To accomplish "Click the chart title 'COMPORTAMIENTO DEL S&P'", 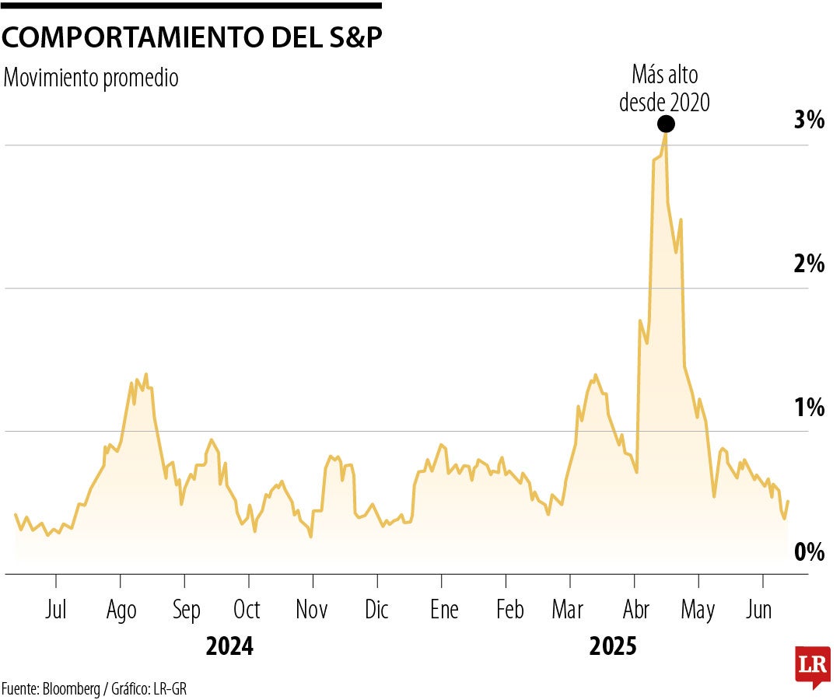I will [193, 38].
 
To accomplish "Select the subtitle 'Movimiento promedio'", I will [91, 79].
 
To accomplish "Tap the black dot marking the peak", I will [665, 124].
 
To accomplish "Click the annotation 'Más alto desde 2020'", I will [664, 89].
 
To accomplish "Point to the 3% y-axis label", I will [808, 120].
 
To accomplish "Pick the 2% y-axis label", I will [808, 264].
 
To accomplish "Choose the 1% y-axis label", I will [808, 407].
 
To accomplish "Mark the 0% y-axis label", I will [808, 551].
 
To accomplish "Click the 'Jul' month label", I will [56, 610].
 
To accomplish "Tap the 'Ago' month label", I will [121, 610].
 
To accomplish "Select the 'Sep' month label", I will [185, 610].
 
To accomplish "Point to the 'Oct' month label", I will [247, 610].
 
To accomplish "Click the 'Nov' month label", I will [312, 610].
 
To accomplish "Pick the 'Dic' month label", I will [376, 610].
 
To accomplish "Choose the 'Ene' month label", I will [444, 610].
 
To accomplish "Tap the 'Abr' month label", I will [637, 610].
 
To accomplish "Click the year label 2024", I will [229, 646].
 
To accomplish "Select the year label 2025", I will [613, 646].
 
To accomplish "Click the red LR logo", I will [812, 666].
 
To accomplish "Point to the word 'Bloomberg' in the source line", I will [70, 688].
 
